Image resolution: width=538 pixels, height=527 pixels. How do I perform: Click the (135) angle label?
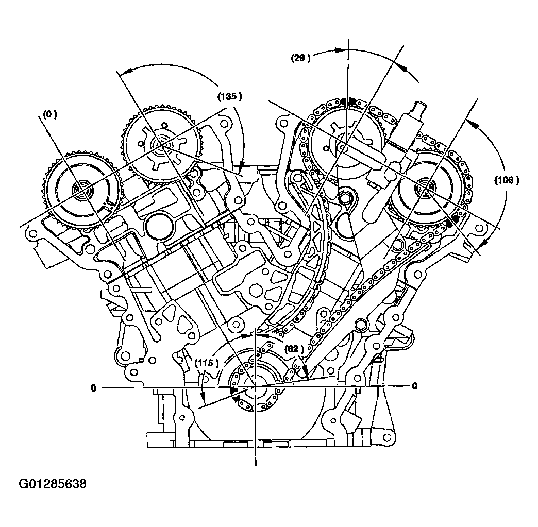pyautogui.click(x=229, y=96)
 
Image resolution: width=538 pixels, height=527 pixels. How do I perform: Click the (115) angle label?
pyautogui.click(x=207, y=363)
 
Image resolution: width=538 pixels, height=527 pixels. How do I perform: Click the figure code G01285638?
pyautogui.click(x=53, y=484)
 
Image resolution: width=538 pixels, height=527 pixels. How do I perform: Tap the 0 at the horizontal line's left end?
pyautogui.click(x=93, y=387)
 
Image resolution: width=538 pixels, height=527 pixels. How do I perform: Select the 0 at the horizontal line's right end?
pyautogui.click(x=414, y=386)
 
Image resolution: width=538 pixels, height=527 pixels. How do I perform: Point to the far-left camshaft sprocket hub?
pyautogui.click(x=81, y=189)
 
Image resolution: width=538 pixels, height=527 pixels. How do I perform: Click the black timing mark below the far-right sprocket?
pyautogui.click(x=453, y=222)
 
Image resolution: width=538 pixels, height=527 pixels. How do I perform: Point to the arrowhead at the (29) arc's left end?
pyautogui.click(x=340, y=50)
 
